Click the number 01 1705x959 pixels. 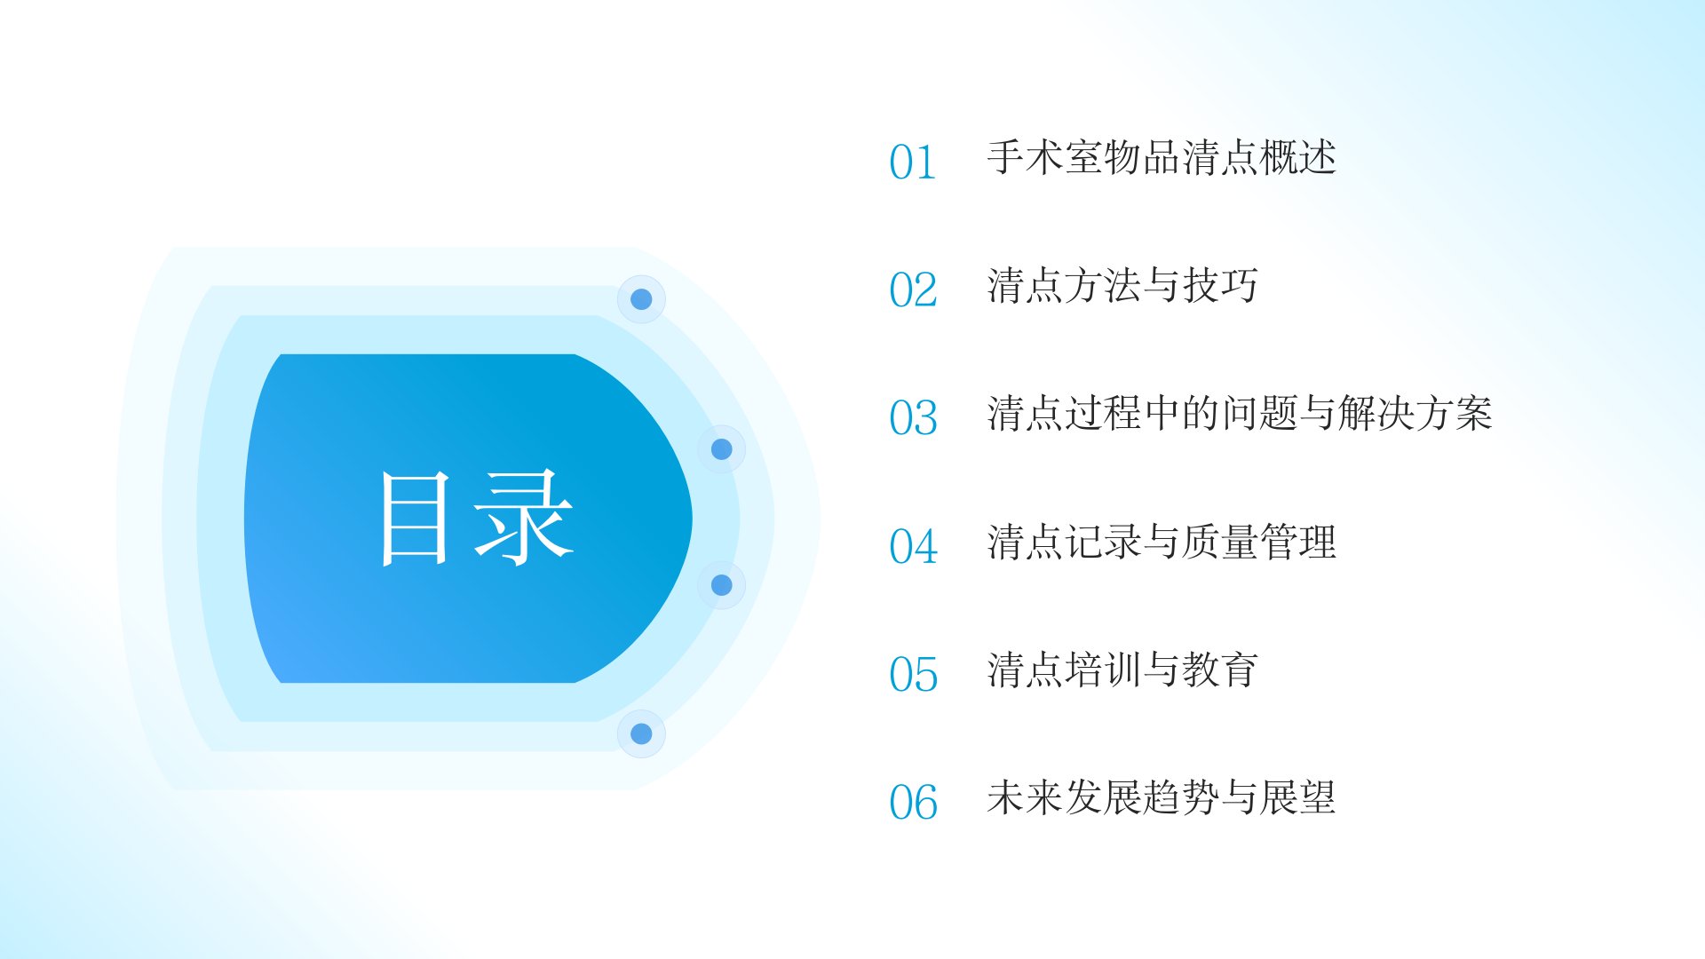tap(913, 162)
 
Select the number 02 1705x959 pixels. tap(913, 290)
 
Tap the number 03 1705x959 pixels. tap(913, 418)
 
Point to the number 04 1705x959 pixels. tap(913, 546)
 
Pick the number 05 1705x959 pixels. tap(913, 675)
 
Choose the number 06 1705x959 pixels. tap(913, 803)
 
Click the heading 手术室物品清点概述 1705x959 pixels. tap(1162, 158)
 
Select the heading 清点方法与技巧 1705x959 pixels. tap(1122, 286)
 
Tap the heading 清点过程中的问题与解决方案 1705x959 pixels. tap(1240, 414)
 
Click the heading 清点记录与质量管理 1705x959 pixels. tap(1162, 542)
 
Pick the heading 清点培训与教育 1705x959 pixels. tap(1122, 670)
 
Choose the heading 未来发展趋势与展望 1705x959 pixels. tap(1162, 797)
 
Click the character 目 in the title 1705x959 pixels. tap(415, 519)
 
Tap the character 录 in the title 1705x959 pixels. tap(524, 519)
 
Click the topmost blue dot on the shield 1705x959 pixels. tap(641, 299)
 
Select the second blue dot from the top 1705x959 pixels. tap(722, 449)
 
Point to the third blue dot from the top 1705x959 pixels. tap(722, 585)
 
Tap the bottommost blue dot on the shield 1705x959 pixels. tap(641, 733)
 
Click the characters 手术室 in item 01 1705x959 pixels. tap(1044, 158)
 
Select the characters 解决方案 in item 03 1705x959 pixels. tap(1416, 414)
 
